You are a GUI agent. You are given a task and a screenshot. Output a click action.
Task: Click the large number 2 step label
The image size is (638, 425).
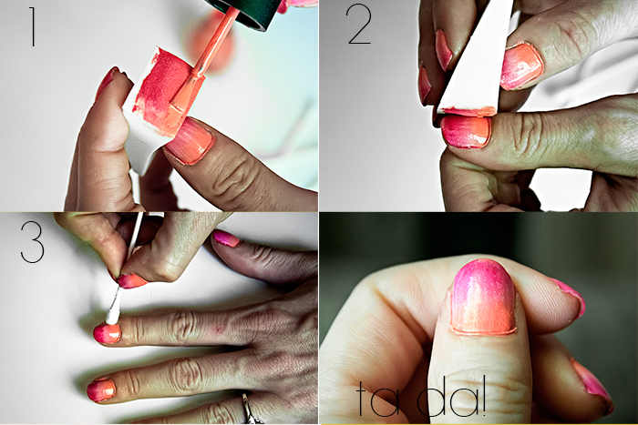tap(359, 25)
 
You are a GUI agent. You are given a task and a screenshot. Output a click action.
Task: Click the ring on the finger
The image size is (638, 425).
tap(248, 408)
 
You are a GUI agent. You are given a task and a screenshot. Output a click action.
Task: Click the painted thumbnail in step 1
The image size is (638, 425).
tap(190, 140)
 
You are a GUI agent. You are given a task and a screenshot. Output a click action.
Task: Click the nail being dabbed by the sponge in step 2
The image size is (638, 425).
tap(466, 130)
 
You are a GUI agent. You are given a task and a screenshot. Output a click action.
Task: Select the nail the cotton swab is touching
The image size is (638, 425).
tap(107, 333)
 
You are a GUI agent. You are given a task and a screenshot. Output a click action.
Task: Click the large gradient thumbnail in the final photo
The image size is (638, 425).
tap(481, 297)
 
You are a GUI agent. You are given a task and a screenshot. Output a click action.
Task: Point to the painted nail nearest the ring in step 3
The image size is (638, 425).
tap(101, 390)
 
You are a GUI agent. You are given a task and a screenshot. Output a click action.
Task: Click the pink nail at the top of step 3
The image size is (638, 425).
tap(226, 238)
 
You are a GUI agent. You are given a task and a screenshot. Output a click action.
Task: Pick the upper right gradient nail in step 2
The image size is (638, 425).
tap(520, 66)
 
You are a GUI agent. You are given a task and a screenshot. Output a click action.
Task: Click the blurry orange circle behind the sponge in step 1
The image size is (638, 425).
tap(211, 41)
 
